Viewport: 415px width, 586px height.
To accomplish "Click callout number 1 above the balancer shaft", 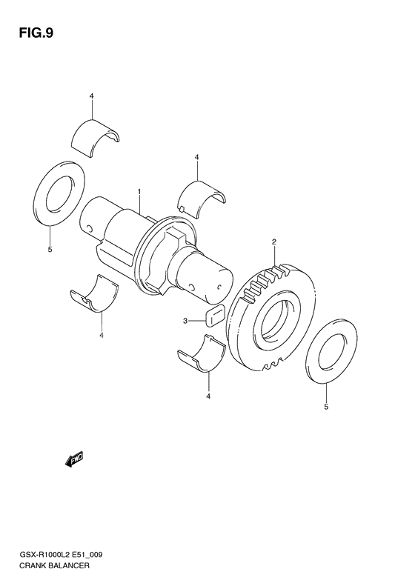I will [x=139, y=192].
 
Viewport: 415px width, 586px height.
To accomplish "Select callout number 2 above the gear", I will [x=273, y=242].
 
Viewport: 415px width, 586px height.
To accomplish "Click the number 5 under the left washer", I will [x=50, y=250].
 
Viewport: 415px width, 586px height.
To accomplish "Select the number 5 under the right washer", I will [x=325, y=407].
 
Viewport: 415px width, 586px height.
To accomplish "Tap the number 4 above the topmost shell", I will [x=91, y=96].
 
